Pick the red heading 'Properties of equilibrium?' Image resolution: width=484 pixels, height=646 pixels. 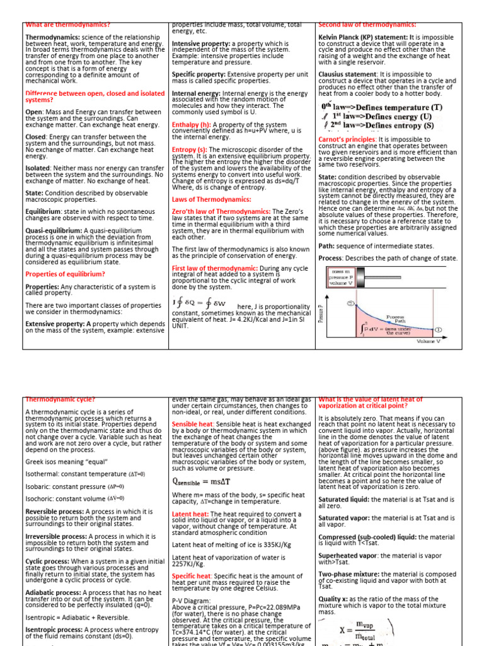click(64, 274)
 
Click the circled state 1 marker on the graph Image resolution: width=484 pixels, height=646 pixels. click(439, 329)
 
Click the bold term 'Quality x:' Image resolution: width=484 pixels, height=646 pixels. click(337, 599)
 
